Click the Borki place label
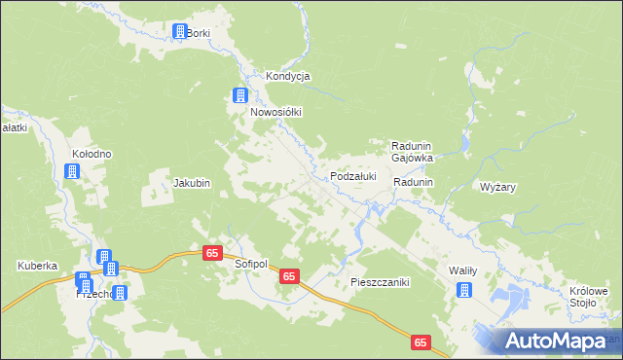tap(199, 33)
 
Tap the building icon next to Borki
tap(179, 32)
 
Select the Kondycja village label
tap(288, 77)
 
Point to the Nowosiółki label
tap(276, 112)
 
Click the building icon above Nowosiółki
tap(239, 95)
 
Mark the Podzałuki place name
tap(352, 176)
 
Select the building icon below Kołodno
tap(71, 172)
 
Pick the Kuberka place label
tap(38, 266)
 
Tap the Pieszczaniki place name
tap(381, 282)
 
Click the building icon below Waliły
tap(464, 289)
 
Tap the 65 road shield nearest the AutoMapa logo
tap(421, 342)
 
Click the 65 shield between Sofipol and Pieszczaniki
tap(288, 277)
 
